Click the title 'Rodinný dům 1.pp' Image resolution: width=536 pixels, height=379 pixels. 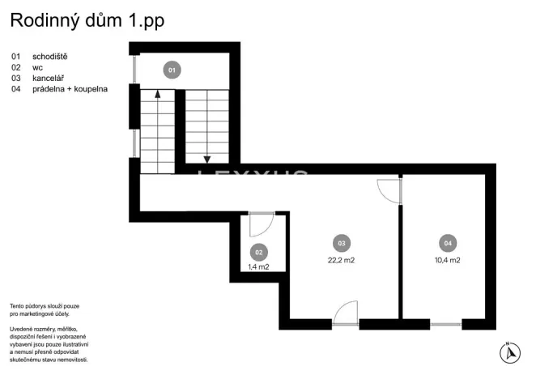(x=87, y=22)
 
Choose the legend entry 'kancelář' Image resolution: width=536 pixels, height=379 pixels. (x=48, y=78)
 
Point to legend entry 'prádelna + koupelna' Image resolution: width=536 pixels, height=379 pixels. (x=70, y=89)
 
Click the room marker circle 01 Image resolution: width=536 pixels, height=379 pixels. (x=171, y=70)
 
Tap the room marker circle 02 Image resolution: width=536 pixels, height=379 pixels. (x=258, y=252)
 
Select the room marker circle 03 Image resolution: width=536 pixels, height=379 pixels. (x=341, y=243)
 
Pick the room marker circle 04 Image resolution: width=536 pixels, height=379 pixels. (x=447, y=243)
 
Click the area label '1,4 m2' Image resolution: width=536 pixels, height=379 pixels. (x=258, y=266)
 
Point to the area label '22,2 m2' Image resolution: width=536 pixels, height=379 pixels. (x=341, y=260)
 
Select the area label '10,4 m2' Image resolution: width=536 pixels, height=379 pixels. (x=447, y=260)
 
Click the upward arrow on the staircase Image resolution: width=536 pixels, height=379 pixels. (x=157, y=96)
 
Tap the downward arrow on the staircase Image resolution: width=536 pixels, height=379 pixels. (x=208, y=158)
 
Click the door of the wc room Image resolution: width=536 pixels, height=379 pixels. (x=262, y=224)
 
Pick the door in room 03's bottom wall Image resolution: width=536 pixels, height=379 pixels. (x=346, y=313)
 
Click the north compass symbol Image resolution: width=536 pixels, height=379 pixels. (x=509, y=352)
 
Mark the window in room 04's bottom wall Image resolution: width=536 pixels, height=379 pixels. (x=446, y=324)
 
